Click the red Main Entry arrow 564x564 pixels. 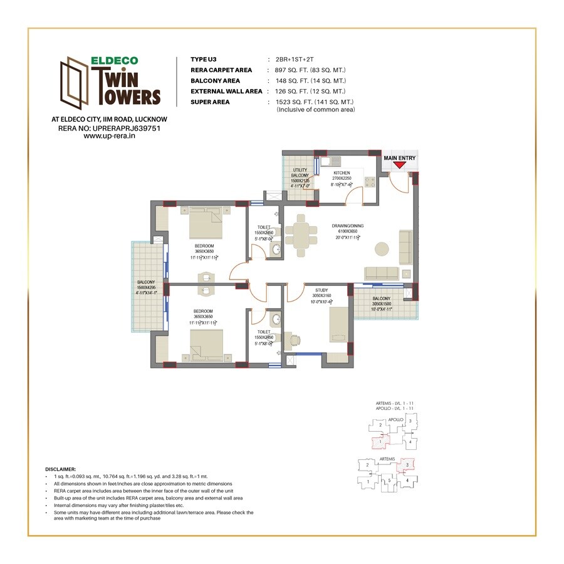[399, 165]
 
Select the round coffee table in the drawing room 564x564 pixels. [382, 249]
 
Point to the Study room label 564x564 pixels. [322, 290]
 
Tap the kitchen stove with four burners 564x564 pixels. [370, 182]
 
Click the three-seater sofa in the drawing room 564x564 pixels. [382, 273]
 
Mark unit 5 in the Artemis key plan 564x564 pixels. [389, 481]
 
